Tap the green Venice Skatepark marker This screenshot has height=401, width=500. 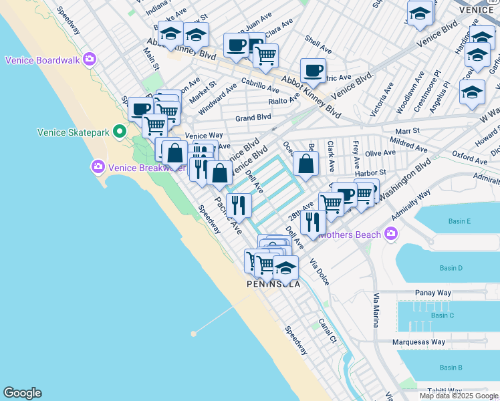[120, 132]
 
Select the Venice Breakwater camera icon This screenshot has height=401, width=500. [98, 166]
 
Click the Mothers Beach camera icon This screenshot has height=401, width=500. [390, 234]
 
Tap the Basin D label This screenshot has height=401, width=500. [451, 268]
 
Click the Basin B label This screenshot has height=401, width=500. [451, 368]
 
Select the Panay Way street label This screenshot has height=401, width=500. [433, 293]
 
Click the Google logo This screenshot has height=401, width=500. [22, 393]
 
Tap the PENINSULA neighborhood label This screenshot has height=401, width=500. [273, 284]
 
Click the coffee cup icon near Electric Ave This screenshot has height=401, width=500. [313, 71]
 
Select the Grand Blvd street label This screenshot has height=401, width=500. [253, 117]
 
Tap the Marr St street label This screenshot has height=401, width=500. [406, 131]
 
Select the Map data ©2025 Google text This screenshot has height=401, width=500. [457, 395]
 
